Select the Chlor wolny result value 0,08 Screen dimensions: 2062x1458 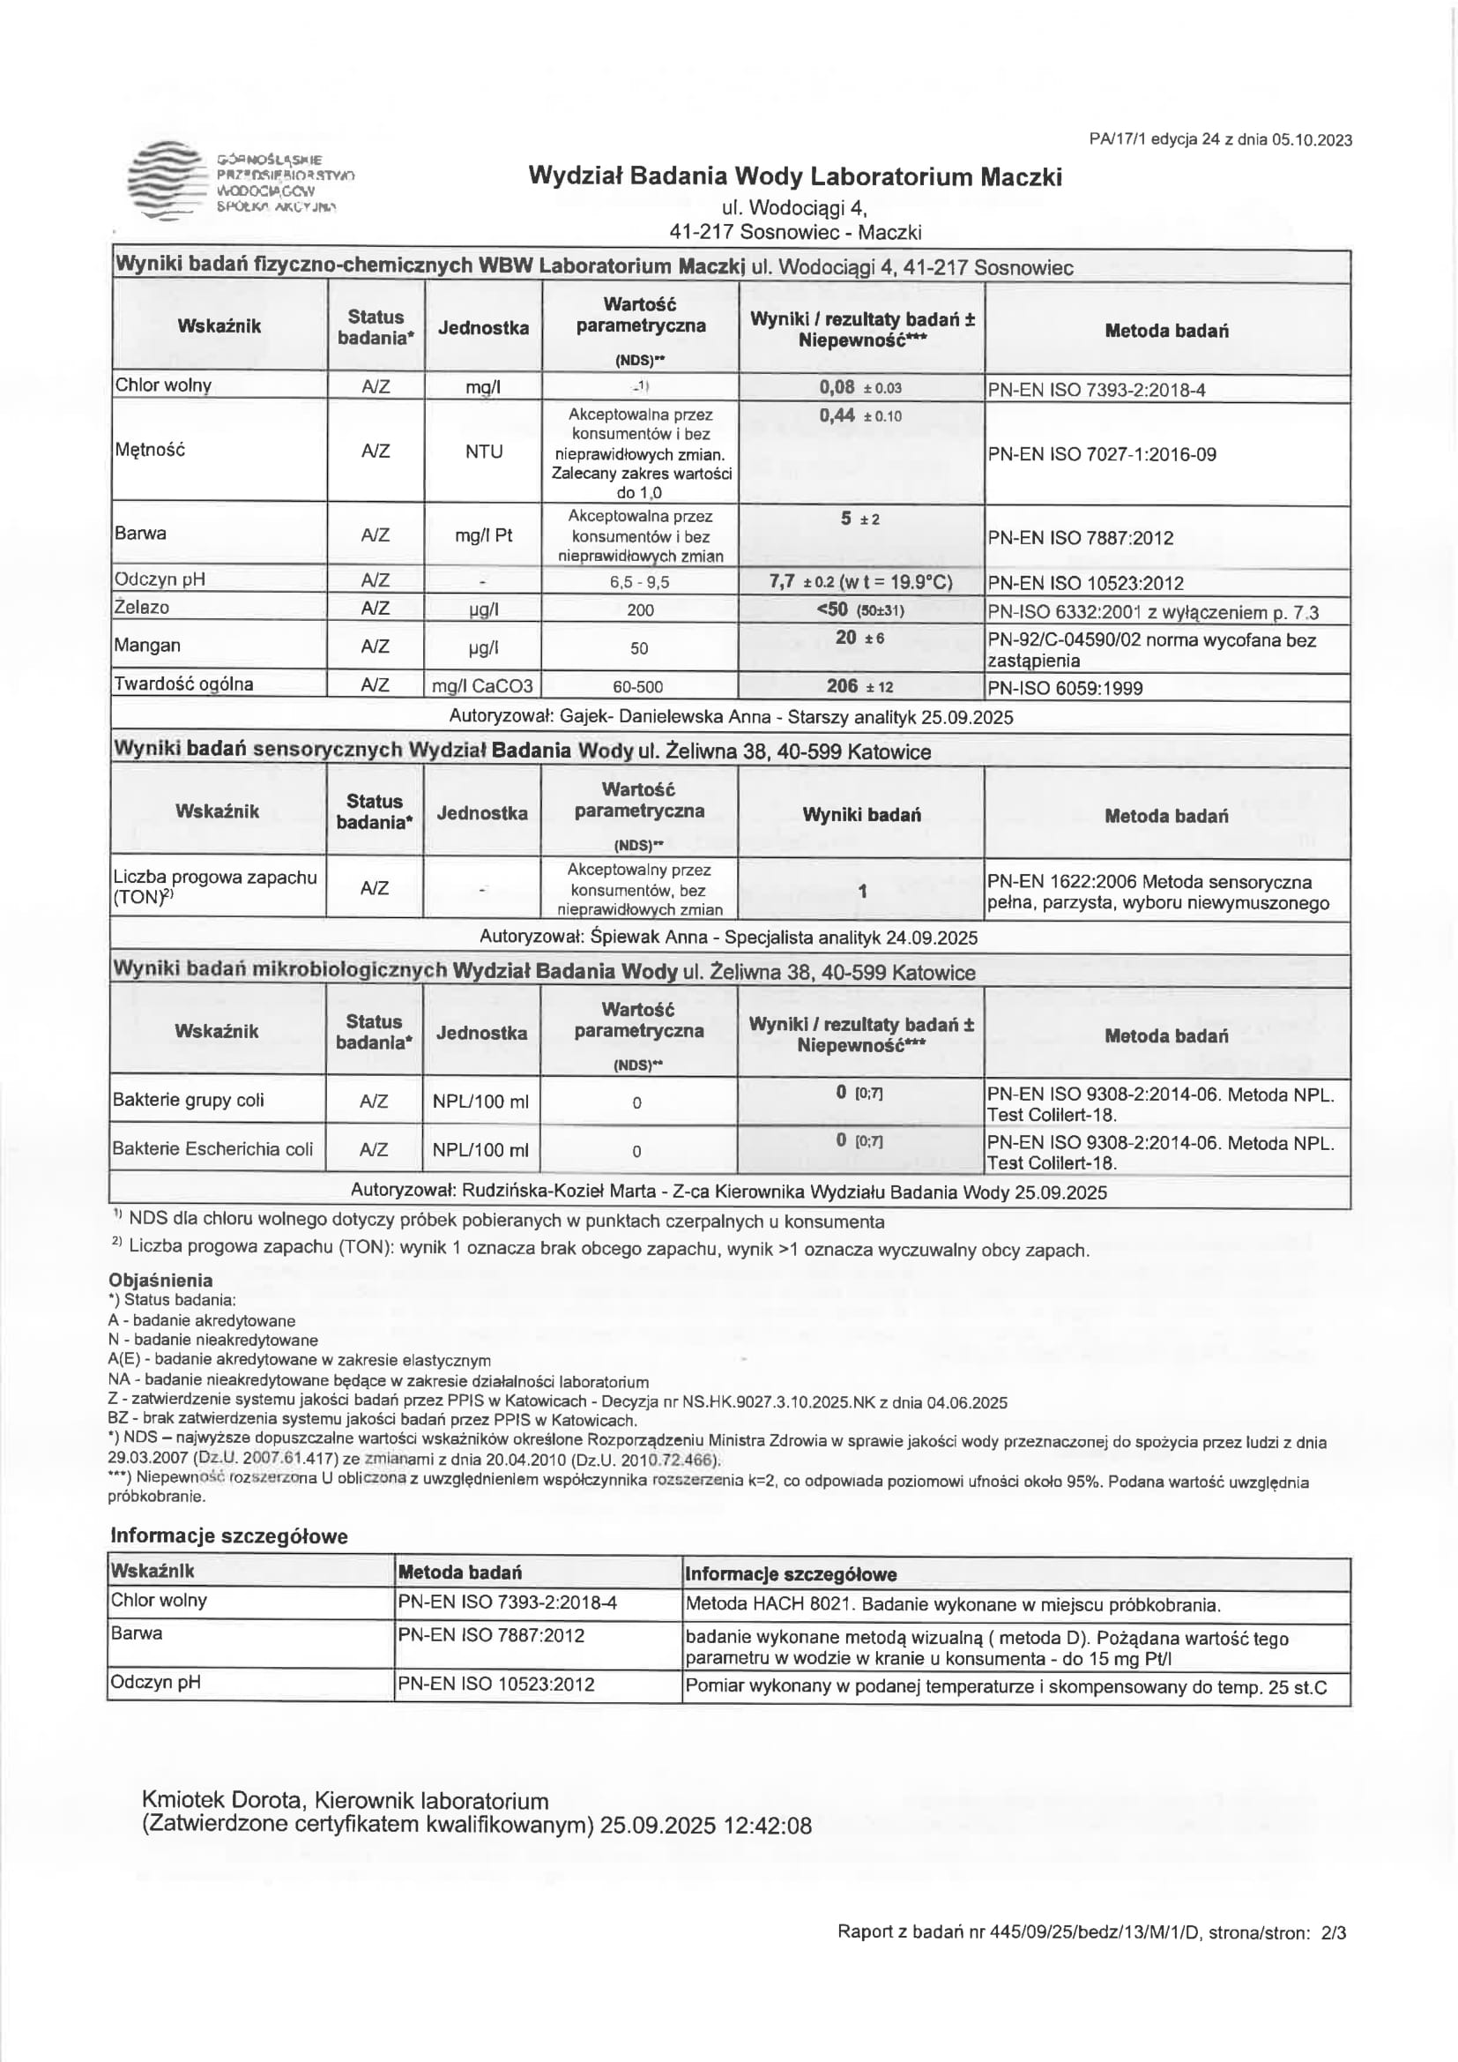[837, 387]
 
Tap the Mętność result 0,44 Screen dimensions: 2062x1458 [837, 415]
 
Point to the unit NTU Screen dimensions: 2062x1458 [483, 452]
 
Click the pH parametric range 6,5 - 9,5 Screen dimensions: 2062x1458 [639, 582]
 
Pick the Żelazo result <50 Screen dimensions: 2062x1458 [832, 609]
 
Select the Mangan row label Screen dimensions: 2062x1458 [147, 646]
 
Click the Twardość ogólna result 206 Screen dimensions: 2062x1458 [842, 686]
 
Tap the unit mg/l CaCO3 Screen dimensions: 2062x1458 [482, 687]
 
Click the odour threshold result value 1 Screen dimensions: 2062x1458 [862, 891]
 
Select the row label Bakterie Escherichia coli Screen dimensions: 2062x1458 [212, 1148]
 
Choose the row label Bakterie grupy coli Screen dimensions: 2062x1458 [189, 1100]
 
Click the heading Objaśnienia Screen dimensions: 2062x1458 [160, 1280]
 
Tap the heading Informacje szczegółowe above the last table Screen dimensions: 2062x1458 [229, 1535]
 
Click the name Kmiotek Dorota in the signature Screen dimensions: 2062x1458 [224, 1801]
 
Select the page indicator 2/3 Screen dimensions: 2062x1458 [1334, 1932]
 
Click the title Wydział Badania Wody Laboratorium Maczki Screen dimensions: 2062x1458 [794, 176]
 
